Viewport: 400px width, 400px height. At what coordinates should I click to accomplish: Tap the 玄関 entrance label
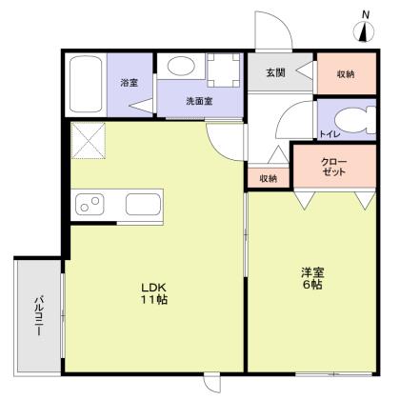[x=275, y=72]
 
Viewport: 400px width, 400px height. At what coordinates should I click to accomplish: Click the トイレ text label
[x=327, y=134]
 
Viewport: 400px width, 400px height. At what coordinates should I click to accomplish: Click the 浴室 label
[x=130, y=83]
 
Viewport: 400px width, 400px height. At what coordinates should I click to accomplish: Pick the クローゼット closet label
[x=334, y=168]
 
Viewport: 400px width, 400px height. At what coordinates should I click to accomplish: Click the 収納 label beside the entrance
[x=346, y=72]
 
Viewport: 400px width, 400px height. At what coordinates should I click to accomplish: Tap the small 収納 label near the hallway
[x=268, y=178]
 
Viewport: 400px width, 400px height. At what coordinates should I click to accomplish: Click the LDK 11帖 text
[x=155, y=291]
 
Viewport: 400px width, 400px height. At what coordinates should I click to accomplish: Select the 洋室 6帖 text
[x=311, y=279]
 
